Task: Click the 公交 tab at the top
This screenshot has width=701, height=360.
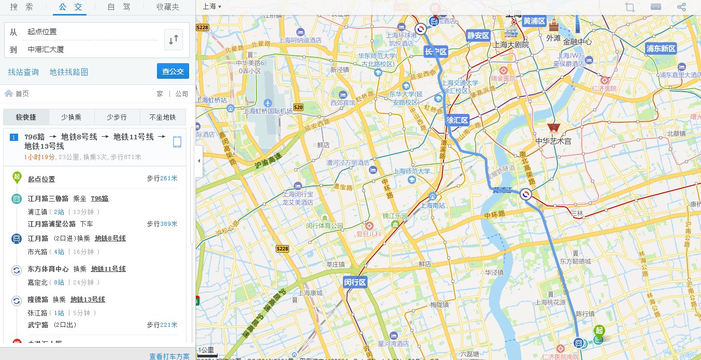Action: pos(73,7)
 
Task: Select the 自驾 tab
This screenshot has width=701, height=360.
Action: pos(119,7)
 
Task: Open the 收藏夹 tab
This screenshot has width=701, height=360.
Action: pos(168,7)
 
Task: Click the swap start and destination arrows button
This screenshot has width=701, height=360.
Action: pos(174,39)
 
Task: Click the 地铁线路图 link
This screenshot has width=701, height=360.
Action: pos(69,72)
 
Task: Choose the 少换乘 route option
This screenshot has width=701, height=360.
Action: pos(71,117)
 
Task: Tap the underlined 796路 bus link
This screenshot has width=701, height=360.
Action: pos(99,198)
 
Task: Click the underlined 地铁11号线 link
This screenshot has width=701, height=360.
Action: pos(108,269)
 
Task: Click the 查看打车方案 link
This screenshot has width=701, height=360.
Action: pos(169,356)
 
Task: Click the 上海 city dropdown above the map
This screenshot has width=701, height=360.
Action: pos(211,7)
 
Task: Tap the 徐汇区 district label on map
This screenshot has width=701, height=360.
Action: pos(457,120)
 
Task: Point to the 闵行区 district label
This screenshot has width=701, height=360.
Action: pos(355,282)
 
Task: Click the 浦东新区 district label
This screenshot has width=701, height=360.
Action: pos(661,49)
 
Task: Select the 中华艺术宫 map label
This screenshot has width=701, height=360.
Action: pos(553,140)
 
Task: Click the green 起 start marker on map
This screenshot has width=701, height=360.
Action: pos(599,330)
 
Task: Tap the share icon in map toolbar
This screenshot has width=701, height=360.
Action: pos(681,7)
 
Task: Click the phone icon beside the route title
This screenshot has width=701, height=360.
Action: pos(177,142)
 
